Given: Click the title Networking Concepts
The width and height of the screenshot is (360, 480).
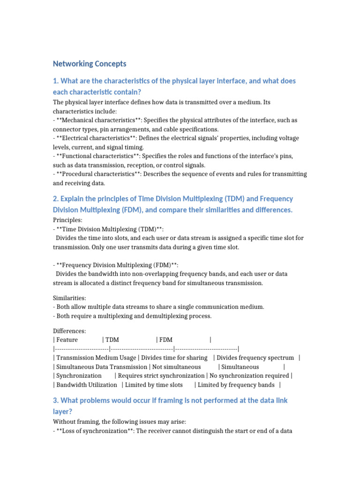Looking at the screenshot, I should tap(90, 64).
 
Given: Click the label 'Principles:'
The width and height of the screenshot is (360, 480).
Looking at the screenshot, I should tap(68, 219).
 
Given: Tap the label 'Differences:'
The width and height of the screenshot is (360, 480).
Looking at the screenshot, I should tap(69, 331).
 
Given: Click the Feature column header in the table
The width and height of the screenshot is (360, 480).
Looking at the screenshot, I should tap(67, 340).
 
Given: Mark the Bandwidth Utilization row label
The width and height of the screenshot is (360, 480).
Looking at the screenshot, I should tap(87, 384).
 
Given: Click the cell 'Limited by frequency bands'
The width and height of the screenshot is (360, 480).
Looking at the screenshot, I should tap(236, 384).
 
